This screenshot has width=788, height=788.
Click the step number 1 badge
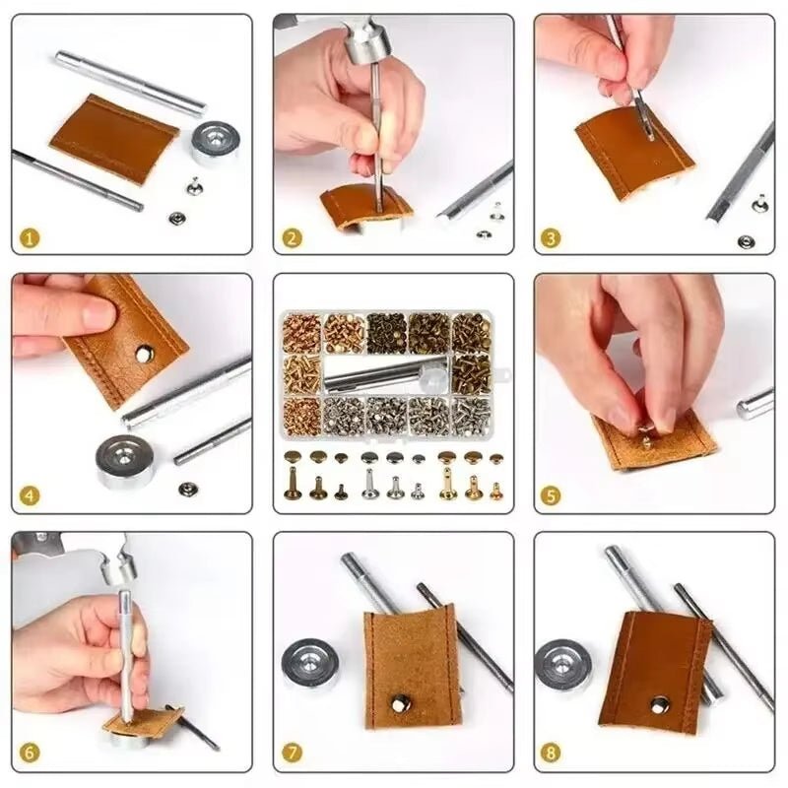[x=31, y=238]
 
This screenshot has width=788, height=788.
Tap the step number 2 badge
[x=292, y=238]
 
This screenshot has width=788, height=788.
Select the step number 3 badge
[x=553, y=238]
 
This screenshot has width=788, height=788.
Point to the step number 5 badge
[x=553, y=496]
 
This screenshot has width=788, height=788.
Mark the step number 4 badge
[x=31, y=496]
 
